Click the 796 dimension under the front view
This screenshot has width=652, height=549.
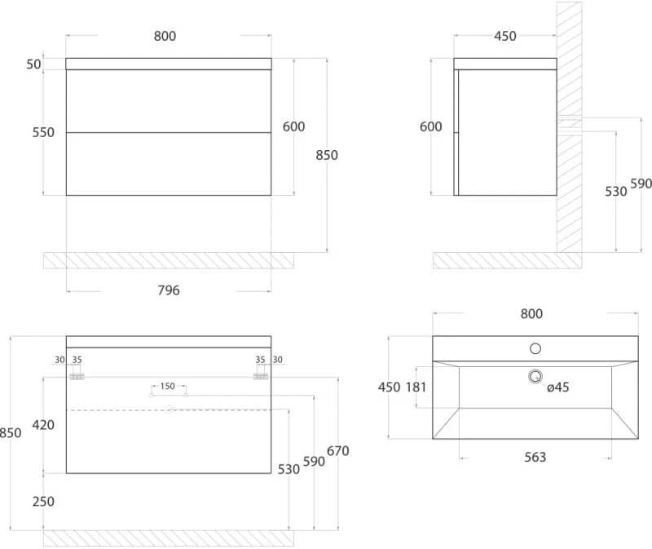[x=169, y=290]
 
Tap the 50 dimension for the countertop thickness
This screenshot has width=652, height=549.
[x=33, y=64]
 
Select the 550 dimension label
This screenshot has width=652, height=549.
[x=43, y=132]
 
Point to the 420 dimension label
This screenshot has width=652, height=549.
[x=43, y=425]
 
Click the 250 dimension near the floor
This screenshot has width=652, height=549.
[x=43, y=501]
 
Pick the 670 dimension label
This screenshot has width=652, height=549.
[x=337, y=451]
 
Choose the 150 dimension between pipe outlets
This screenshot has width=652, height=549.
[x=168, y=386]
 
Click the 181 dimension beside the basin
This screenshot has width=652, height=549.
[x=416, y=387]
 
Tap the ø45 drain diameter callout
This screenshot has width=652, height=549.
[x=558, y=387]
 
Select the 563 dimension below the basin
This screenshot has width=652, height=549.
[x=535, y=457]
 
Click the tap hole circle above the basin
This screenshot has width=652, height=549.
[x=535, y=348]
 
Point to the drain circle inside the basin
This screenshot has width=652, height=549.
[x=535, y=376]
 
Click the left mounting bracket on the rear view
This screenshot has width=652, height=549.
[x=77, y=376]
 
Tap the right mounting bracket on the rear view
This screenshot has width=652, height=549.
[x=261, y=376]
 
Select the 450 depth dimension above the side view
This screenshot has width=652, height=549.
[x=504, y=36]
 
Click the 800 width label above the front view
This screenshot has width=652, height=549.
[x=165, y=36]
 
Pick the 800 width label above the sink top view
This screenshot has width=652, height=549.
[x=531, y=313]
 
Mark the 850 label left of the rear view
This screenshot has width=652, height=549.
[x=11, y=433]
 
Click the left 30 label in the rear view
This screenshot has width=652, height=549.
[x=59, y=360]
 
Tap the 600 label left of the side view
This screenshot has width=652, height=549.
[x=430, y=126]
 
